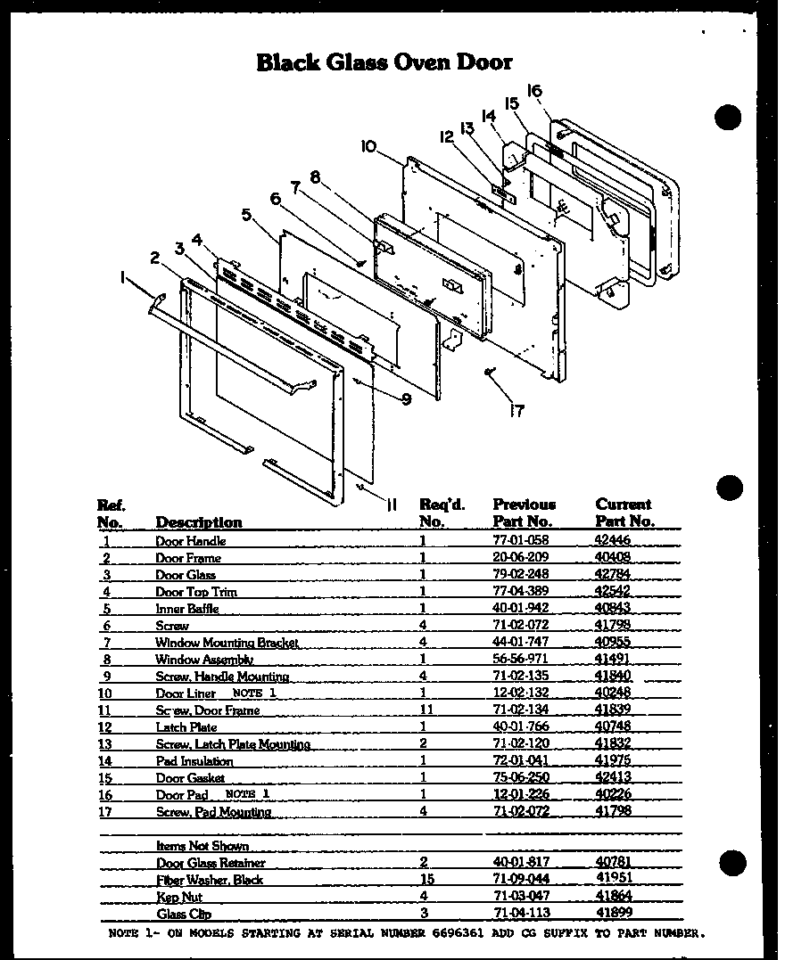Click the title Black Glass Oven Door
tap(384, 62)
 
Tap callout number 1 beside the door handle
tap(122, 278)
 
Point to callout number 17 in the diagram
tap(516, 411)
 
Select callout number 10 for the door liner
tap(369, 145)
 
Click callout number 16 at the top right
tap(534, 90)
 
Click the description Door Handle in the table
tap(190, 541)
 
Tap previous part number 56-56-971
tap(520, 660)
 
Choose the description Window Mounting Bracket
tap(227, 643)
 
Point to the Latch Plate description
tap(186, 727)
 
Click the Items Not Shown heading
tap(202, 846)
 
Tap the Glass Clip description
tap(184, 914)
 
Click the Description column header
tap(198, 522)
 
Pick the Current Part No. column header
tap(624, 513)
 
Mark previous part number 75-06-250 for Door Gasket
tap(520, 778)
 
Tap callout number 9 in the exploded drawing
tap(406, 400)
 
